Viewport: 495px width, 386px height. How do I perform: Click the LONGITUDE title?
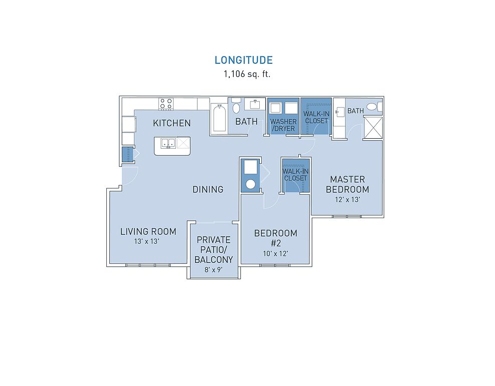pos(243,60)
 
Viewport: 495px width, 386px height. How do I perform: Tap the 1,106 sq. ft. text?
pos(247,74)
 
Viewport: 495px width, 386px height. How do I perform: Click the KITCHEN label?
pos(172,123)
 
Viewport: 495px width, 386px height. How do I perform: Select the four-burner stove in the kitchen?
pos(166,104)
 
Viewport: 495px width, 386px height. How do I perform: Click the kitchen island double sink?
pos(169,143)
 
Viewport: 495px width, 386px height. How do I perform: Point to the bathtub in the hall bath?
pos(219,118)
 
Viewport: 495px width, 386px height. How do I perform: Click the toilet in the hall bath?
pos(236,106)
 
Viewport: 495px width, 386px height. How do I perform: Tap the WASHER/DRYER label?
pos(283,125)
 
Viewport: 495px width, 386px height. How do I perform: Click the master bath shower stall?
pos(373,128)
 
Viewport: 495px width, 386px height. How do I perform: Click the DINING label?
pos(208,189)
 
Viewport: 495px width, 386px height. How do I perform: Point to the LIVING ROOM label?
pos(148,232)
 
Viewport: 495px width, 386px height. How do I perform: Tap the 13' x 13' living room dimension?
pos(146,241)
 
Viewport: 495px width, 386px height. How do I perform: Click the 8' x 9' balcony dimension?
pos(214,270)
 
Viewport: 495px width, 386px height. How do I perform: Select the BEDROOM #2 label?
pos(276,238)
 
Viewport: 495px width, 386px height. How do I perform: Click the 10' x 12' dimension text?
pos(276,253)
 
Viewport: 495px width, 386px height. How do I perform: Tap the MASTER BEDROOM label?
pos(348,184)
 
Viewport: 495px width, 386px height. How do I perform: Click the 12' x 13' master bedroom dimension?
pos(348,200)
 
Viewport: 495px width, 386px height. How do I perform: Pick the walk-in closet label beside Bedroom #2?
pos(295,174)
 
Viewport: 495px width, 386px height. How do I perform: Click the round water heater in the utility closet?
pos(250,184)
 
